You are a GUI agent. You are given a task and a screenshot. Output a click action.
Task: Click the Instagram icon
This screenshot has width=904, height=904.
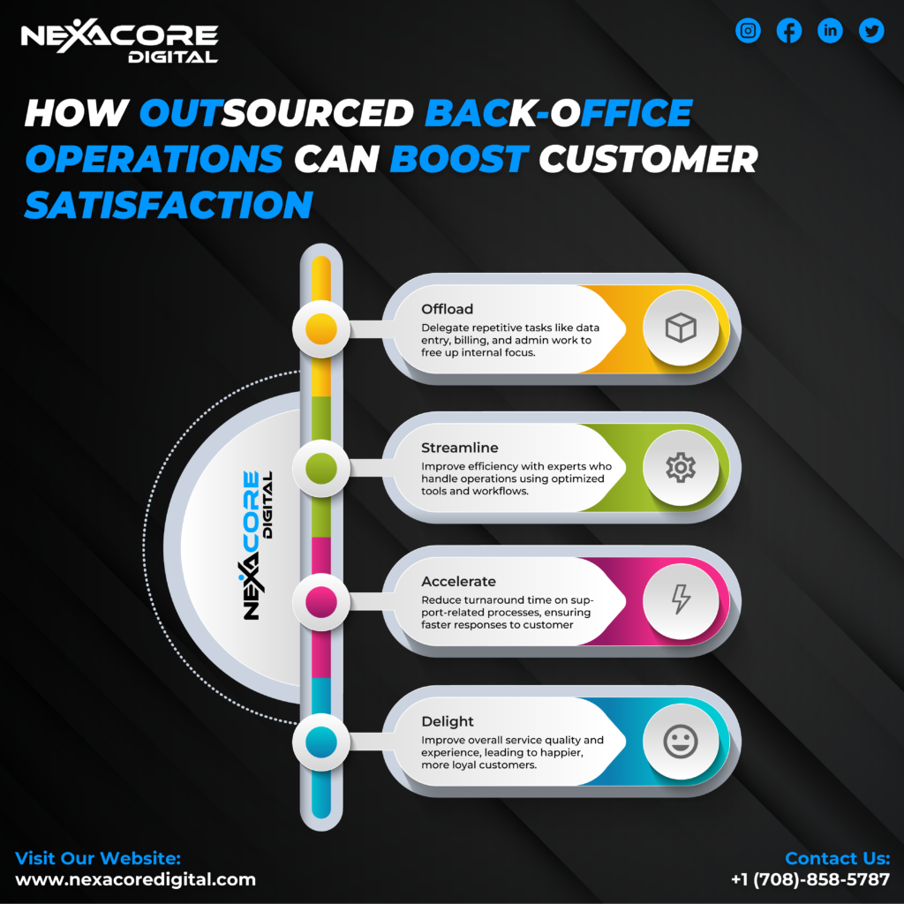748,31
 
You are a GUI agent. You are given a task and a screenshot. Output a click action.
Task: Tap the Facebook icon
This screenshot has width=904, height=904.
788,31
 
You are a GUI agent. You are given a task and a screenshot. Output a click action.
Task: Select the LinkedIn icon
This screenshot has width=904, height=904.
830,31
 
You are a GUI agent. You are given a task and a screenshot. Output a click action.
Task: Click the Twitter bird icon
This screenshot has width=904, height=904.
871,31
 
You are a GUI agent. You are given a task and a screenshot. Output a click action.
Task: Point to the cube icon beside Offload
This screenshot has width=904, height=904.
681,328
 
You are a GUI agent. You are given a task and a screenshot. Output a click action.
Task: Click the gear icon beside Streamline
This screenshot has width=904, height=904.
681,467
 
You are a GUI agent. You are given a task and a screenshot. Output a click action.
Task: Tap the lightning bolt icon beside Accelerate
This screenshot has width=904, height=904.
681,599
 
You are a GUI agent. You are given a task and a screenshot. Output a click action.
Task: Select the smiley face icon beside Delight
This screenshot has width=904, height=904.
681,742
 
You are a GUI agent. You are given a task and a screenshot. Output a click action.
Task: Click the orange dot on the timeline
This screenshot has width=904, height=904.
321,328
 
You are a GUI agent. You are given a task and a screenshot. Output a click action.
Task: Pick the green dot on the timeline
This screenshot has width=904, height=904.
321,468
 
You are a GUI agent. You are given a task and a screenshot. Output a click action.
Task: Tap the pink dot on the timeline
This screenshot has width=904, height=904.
321,601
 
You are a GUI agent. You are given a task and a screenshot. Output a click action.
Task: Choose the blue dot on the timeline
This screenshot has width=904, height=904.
321,742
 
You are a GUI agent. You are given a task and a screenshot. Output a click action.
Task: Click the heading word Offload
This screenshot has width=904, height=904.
447,309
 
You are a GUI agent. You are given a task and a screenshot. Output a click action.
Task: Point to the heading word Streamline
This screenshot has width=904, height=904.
459,448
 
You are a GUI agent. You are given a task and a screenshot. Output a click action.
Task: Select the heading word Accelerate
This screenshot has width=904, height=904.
458,581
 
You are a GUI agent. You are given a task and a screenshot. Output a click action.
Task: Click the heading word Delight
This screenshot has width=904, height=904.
448,721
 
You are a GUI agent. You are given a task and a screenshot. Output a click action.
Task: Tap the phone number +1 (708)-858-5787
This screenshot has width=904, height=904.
810,879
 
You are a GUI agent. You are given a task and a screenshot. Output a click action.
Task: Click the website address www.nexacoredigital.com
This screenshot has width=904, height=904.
135,879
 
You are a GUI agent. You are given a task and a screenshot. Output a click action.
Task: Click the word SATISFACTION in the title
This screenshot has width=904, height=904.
169,205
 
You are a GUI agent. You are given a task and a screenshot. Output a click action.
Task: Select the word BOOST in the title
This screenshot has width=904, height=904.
459,159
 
